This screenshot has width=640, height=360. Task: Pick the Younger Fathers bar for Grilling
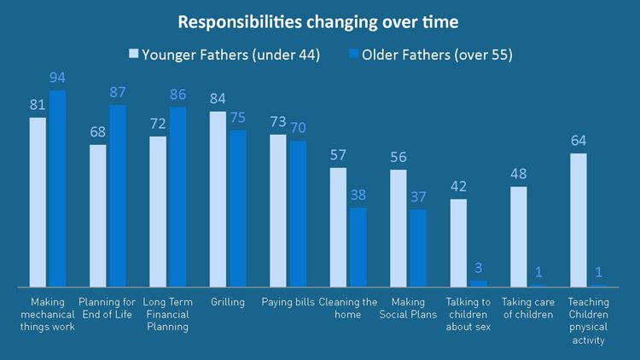click(x=218, y=198)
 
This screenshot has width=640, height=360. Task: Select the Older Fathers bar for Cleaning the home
click(x=358, y=247)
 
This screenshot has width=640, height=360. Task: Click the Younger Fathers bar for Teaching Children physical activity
click(x=578, y=219)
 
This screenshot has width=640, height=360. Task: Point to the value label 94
click(x=57, y=78)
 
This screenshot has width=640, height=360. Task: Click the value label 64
click(x=578, y=141)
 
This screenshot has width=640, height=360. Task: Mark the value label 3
click(x=479, y=269)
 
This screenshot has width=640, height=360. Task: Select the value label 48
click(x=518, y=174)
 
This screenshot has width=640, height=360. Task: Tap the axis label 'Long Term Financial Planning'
click(x=166, y=314)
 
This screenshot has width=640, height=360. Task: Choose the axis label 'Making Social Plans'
click(x=407, y=308)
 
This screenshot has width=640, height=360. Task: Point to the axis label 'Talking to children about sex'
click(x=468, y=314)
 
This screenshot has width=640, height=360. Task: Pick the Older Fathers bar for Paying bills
click(x=298, y=213)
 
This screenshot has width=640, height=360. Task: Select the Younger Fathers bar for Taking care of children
click(x=518, y=235)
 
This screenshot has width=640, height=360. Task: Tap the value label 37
click(x=418, y=197)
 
